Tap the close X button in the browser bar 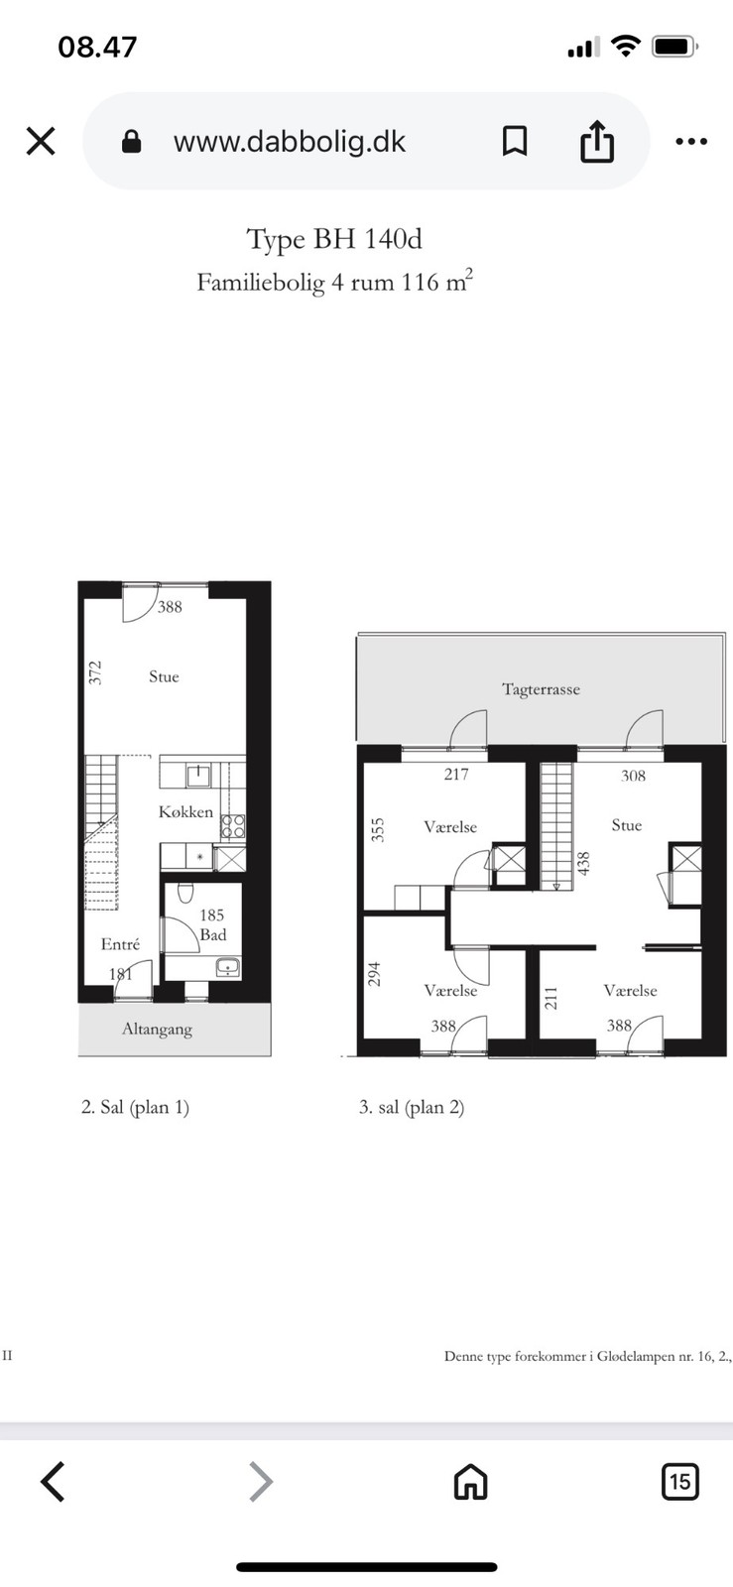(x=41, y=141)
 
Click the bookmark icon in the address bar (x=515, y=141)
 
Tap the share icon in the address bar (x=597, y=141)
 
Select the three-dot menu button (x=691, y=141)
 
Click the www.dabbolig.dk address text (x=289, y=142)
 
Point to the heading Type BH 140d (x=334, y=239)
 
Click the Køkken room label (x=185, y=812)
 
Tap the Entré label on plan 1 (x=120, y=943)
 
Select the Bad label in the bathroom (x=213, y=934)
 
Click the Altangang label (x=158, y=1030)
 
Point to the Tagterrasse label (x=542, y=689)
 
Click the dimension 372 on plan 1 (x=95, y=672)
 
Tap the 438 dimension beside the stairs (x=583, y=863)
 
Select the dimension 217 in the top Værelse (x=456, y=775)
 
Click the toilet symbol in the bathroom (x=186, y=892)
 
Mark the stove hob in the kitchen (x=233, y=826)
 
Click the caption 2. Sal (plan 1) (x=135, y=1107)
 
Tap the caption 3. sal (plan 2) (x=412, y=1107)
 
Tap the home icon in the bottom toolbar (x=471, y=1482)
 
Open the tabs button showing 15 (x=679, y=1482)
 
